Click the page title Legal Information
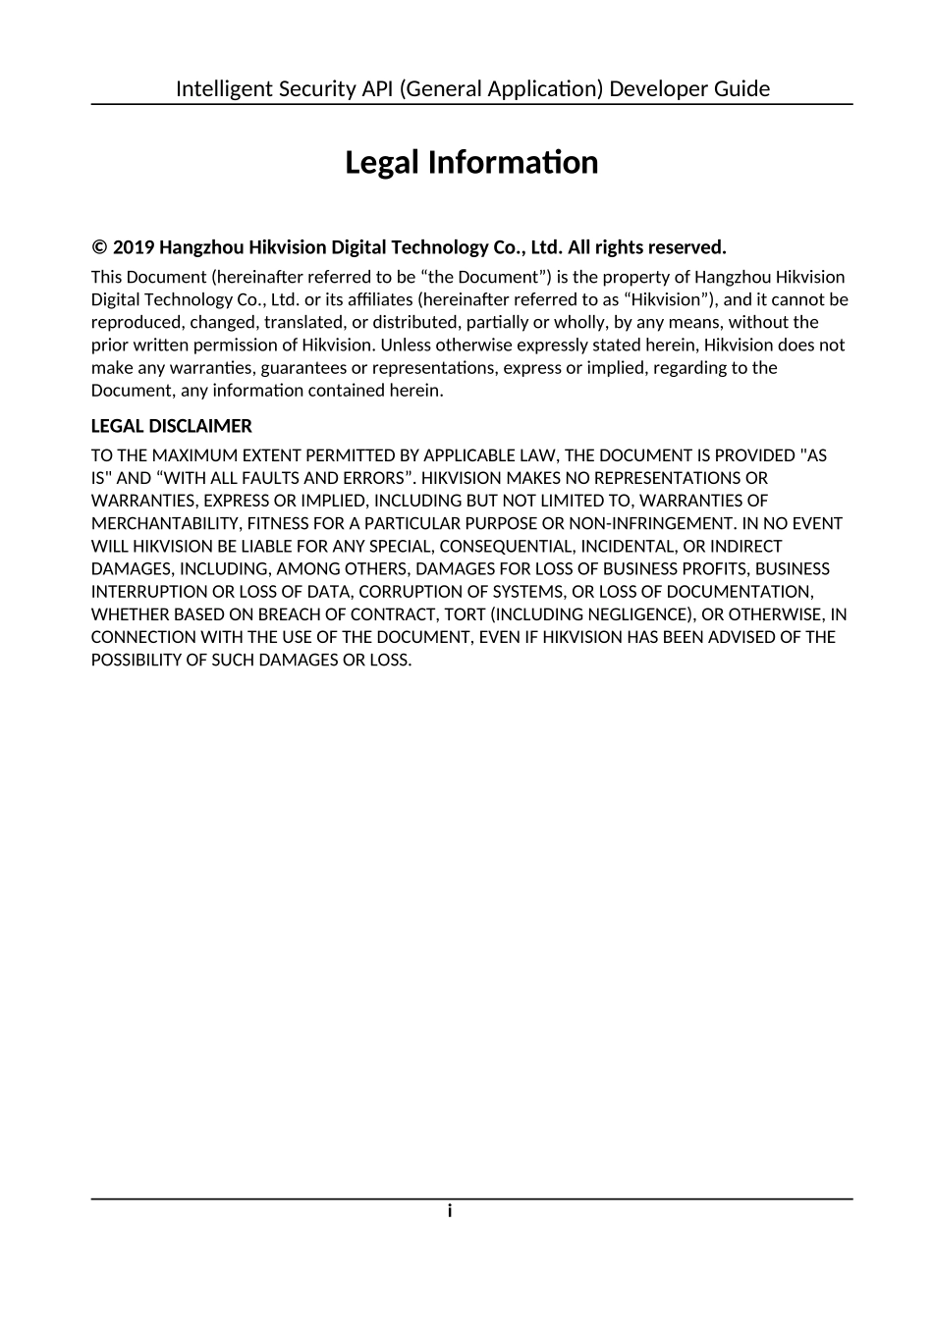pyautogui.click(x=471, y=163)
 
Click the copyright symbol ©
pyautogui.click(x=99, y=247)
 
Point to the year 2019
pyautogui.click(x=134, y=247)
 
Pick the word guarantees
pyautogui.click(x=302, y=368)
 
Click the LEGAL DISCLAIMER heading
pyautogui.click(x=172, y=426)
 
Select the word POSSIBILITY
pyautogui.click(x=136, y=660)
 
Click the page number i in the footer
pyautogui.click(x=450, y=1211)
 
